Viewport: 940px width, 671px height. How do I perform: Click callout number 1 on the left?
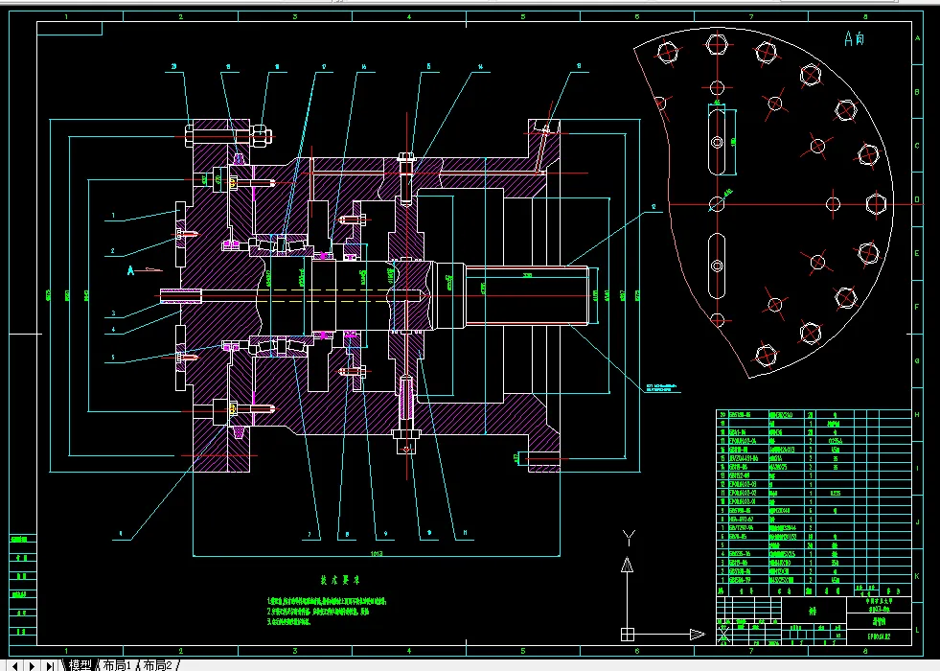(112, 217)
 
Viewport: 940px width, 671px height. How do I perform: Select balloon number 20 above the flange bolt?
(175, 67)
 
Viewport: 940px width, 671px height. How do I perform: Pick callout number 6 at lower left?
(122, 533)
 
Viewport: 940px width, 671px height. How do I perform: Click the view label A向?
(853, 39)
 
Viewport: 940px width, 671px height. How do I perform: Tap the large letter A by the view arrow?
(132, 271)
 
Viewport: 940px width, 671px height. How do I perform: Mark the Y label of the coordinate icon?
(628, 537)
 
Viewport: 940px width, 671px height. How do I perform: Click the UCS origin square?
(627, 634)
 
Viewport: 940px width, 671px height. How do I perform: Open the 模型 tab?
(80, 664)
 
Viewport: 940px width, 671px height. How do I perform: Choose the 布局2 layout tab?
(157, 664)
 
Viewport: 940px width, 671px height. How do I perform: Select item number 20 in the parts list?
(723, 415)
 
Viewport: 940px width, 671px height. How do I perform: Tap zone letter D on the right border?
(917, 200)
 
